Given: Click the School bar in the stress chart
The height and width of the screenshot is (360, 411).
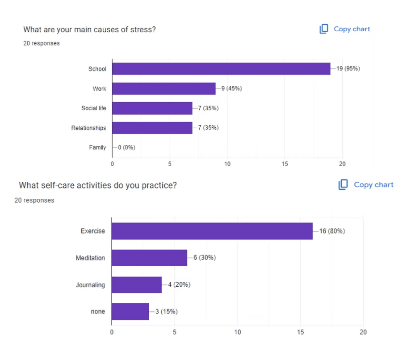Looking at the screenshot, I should coord(221,69).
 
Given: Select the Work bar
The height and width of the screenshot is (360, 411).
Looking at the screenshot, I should coord(164,88).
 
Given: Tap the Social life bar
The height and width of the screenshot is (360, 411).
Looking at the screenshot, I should coord(152,108).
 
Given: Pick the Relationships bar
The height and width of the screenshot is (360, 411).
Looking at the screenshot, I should coord(152,128).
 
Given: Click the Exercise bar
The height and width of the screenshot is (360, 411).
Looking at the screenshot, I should coord(212,231).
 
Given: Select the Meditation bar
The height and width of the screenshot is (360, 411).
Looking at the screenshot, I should coord(149,258).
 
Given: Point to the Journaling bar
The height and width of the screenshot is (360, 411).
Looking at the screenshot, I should coord(136,285).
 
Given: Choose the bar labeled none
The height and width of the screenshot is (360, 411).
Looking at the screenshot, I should coord(130,311).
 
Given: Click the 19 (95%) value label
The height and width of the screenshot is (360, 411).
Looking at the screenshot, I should coord(348,69).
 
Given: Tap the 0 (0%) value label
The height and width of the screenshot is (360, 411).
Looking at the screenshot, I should coord(126,147).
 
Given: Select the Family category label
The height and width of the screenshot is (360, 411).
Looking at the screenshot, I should coord(97,147).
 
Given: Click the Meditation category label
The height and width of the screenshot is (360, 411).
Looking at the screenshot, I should coord(90,258).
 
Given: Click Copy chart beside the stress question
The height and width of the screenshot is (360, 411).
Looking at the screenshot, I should coord(345,29).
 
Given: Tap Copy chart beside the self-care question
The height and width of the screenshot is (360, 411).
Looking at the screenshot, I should coord(366,184).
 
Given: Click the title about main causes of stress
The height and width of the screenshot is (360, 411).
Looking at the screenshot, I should coord(89,29).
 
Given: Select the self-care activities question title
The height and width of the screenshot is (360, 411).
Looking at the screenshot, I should coord(97,185).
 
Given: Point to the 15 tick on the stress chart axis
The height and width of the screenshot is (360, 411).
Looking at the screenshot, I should coord(285,164).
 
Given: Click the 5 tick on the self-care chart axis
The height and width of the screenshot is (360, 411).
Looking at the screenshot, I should coord(175,332).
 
